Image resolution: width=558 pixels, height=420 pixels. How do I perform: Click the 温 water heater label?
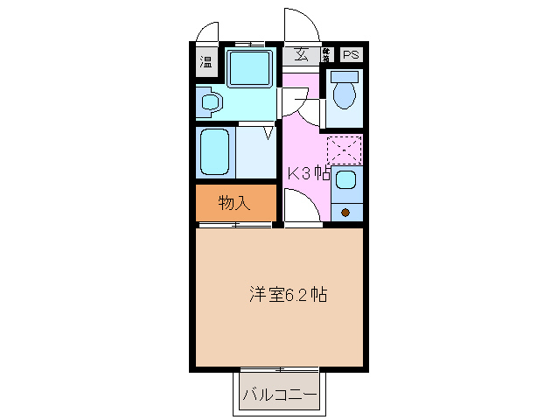click(x=206, y=61)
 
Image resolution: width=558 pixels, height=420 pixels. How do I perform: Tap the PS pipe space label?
click(x=351, y=55)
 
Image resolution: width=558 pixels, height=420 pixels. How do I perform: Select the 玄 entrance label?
click(x=301, y=54)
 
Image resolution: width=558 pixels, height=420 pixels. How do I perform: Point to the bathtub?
click(x=214, y=152)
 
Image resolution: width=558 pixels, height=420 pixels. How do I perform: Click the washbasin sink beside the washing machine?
click(x=208, y=103)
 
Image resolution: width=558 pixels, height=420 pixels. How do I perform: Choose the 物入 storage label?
click(x=234, y=203)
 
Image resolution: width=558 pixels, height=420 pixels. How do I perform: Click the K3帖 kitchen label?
click(x=309, y=173)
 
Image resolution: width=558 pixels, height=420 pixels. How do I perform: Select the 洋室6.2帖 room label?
click(x=288, y=295)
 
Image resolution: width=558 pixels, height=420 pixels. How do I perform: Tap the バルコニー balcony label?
click(x=278, y=395)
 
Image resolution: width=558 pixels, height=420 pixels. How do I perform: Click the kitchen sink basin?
click(x=345, y=181)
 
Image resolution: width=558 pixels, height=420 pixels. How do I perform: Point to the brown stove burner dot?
click(x=345, y=213)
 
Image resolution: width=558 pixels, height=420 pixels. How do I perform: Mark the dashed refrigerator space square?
click(x=344, y=150)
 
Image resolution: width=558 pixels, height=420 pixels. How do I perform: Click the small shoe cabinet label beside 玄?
click(x=325, y=54)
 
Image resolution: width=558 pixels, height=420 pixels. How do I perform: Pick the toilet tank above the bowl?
click(x=345, y=77)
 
